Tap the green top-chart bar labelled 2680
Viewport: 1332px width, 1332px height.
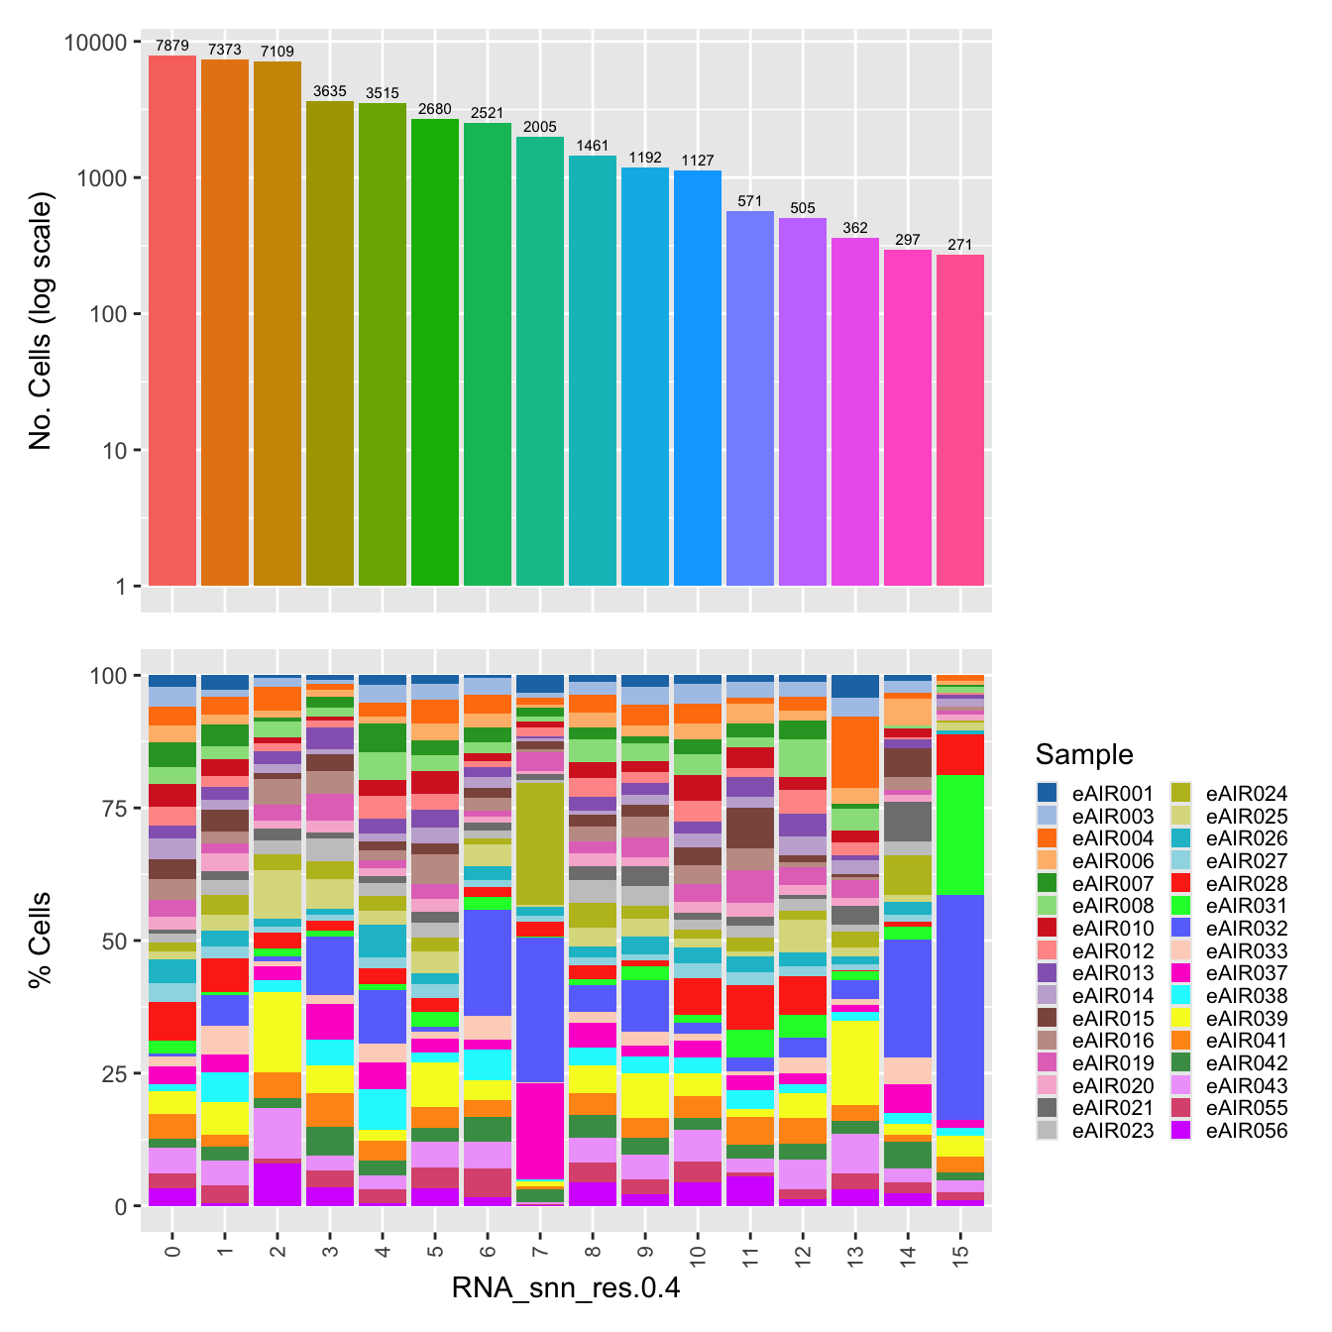tap(435, 352)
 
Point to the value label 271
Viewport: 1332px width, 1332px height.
tap(959, 245)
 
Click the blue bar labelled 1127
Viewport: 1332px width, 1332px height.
tap(698, 378)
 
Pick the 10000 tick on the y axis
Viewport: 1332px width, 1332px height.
tap(95, 43)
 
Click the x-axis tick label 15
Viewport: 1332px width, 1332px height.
tap(959, 1255)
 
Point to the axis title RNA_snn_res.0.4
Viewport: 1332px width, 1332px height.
tap(566, 1288)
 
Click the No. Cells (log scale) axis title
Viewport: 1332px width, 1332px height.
tap(41, 321)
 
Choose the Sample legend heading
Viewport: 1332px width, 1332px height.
tap(1084, 754)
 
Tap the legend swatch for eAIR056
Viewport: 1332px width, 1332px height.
tap(1180, 1131)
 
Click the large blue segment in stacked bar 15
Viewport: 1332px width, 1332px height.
tap(959, 1007)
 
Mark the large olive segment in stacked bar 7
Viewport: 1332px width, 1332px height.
tap(540, 843)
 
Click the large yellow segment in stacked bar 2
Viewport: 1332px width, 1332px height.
tap(277, 1032)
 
